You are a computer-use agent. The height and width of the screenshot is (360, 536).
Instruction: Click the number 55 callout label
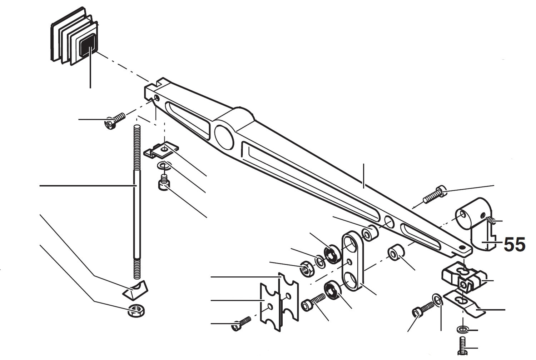click(514, 245)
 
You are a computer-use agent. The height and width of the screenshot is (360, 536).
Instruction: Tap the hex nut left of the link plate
click(306, 269)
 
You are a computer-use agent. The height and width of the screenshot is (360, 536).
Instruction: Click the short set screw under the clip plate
click(164, 183)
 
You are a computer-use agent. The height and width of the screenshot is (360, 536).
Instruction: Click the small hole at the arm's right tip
click(463, 247)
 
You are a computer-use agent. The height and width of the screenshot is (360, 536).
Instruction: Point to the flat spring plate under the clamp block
click(464, 302)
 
